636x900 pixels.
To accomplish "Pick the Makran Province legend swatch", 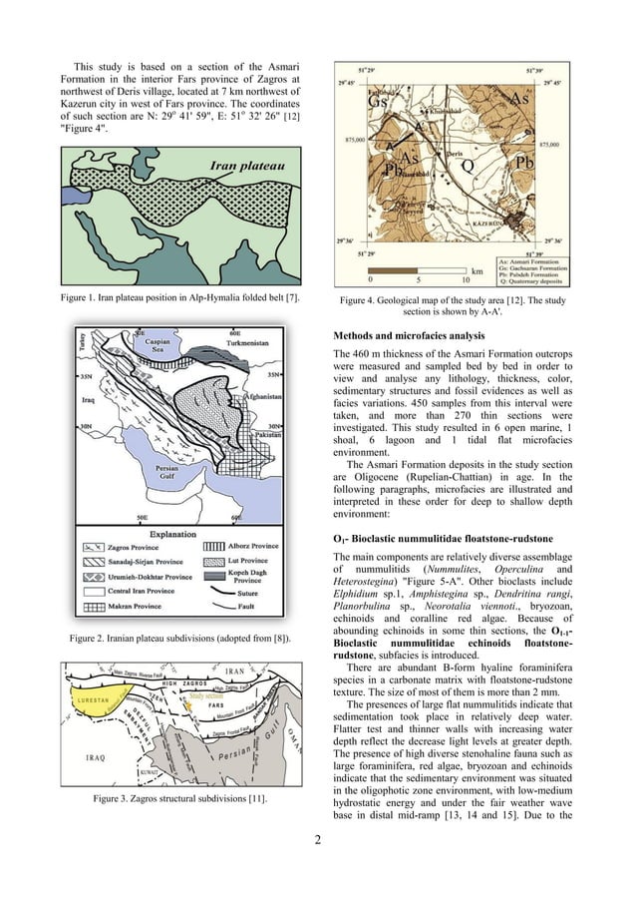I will pos(95,605).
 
